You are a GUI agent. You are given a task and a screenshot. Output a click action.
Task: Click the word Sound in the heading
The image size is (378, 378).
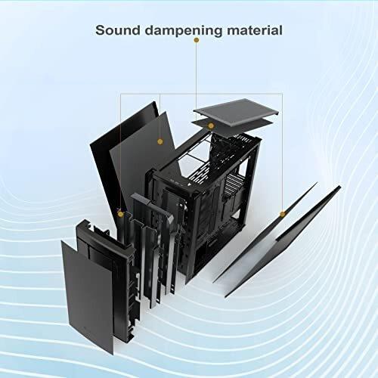click(118, 30)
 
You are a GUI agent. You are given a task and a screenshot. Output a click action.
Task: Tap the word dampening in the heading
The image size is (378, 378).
click(184, 31)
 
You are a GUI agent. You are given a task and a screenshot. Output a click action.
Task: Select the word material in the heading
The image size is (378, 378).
click(255, 30)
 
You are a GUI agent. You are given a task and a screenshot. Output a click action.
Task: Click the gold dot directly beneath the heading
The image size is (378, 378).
click(197, 40)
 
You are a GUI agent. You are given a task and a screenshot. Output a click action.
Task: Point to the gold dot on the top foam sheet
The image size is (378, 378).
click(211, 125)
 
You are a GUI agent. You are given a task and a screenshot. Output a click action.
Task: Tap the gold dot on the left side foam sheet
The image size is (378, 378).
click(160, 141)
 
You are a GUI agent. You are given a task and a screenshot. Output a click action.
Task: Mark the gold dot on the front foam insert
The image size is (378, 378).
click(121, 214)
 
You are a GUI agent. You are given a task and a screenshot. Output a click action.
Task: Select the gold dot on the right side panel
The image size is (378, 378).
click(283, 214)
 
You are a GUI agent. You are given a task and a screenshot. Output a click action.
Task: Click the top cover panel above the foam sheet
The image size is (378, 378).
click(236, 111)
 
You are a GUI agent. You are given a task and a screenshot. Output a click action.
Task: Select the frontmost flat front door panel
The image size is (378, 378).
click(87, 297)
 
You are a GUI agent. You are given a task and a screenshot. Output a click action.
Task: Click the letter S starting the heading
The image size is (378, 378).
click(100, 30)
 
